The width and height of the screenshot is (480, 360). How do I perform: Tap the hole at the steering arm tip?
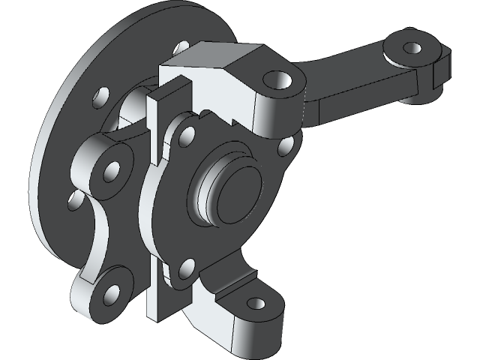pos(411,48)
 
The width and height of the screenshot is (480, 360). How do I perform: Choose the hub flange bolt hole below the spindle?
pos(187,266)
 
